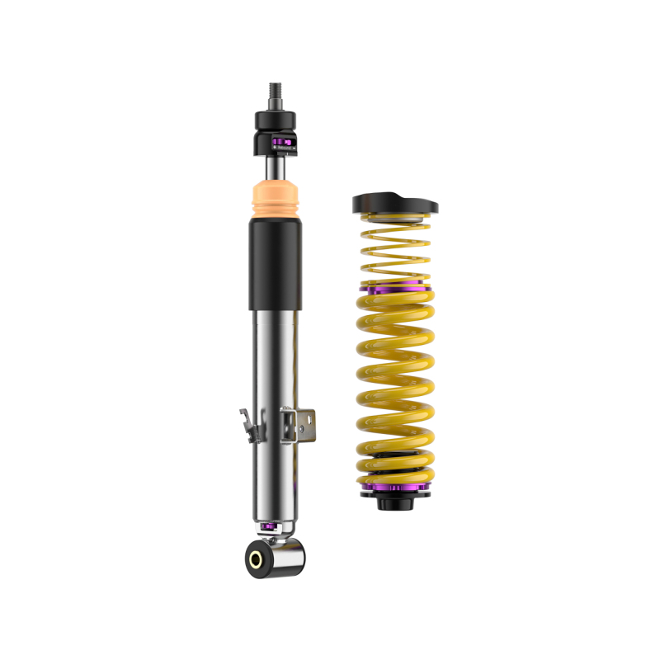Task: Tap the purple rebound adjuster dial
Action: pyautogui.click(x=281, y=144)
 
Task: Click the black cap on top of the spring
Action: pyautogui.click(x=394, y=203)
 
